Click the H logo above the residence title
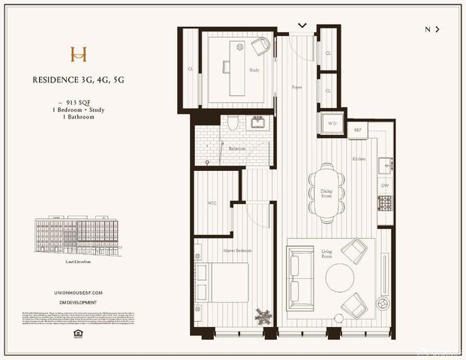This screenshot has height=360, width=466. click(78, 54)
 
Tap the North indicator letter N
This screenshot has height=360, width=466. click(428, 29)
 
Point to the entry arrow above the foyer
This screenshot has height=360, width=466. click(302, 25)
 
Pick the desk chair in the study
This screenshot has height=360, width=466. click(260, 48)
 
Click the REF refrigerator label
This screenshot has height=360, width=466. click(359, 130)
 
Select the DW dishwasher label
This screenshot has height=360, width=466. click(385, 184)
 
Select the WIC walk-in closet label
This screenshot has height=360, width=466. click(212, 203)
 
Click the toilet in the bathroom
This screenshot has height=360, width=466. click(233, 123)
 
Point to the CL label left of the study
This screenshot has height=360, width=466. click(191, 69)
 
